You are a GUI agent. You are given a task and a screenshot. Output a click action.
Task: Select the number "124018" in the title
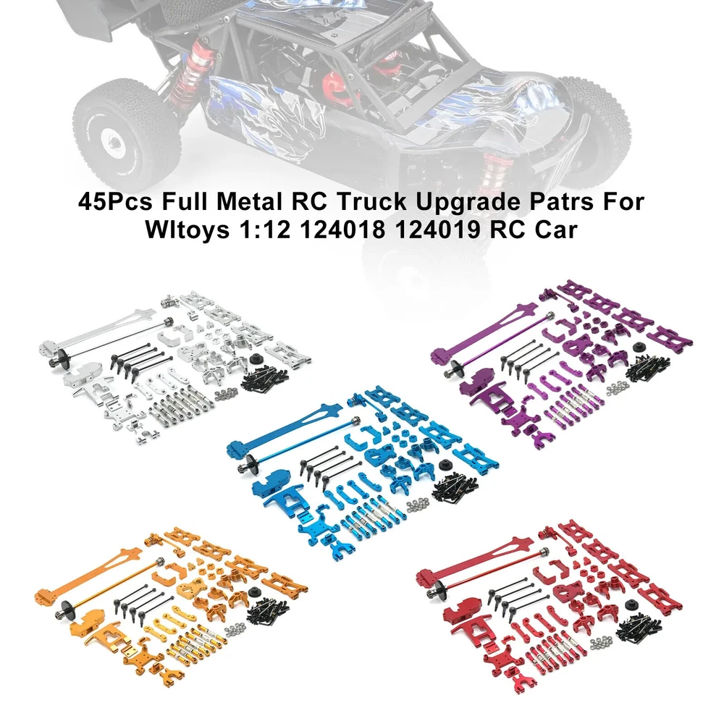pyautogui.click(x=343, y=230)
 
